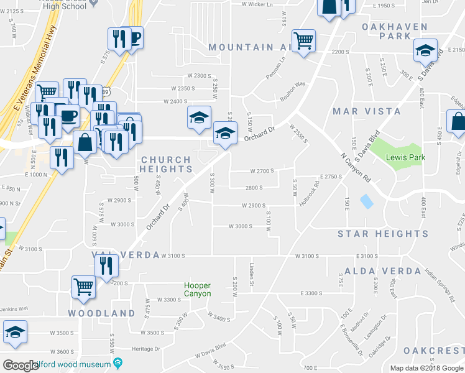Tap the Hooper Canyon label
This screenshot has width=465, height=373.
(x=197, y=290)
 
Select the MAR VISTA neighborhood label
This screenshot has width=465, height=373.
(x=367, y=111)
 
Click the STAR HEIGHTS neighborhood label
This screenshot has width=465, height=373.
(x=383, y=234)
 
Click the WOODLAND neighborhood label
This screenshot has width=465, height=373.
(x=102, y=313)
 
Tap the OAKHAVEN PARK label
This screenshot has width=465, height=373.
(x=395, y=32)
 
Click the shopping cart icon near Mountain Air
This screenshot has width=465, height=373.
(x=303, y=41)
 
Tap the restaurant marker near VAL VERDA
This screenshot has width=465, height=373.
(x=106, y=265)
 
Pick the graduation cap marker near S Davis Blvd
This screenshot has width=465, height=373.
(x=425, y=51)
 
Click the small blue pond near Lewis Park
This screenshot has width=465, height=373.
(x=367, y=201)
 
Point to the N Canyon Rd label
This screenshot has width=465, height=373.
(x=356, y=168)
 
